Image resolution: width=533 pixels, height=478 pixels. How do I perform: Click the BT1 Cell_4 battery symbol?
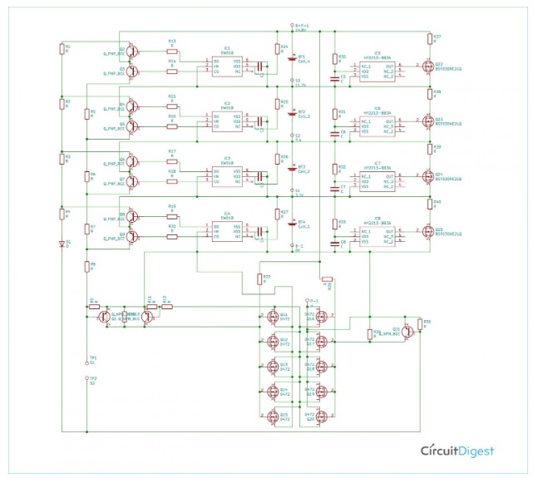(x=290, y=58)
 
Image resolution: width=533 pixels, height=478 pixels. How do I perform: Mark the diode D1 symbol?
(x=61, y=244)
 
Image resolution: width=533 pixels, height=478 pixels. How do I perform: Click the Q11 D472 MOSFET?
(x=272, y=316)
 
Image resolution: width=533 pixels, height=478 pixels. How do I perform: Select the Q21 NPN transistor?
(x=407, y=331)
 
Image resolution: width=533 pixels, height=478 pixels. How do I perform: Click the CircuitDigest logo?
(x=457, y=451)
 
